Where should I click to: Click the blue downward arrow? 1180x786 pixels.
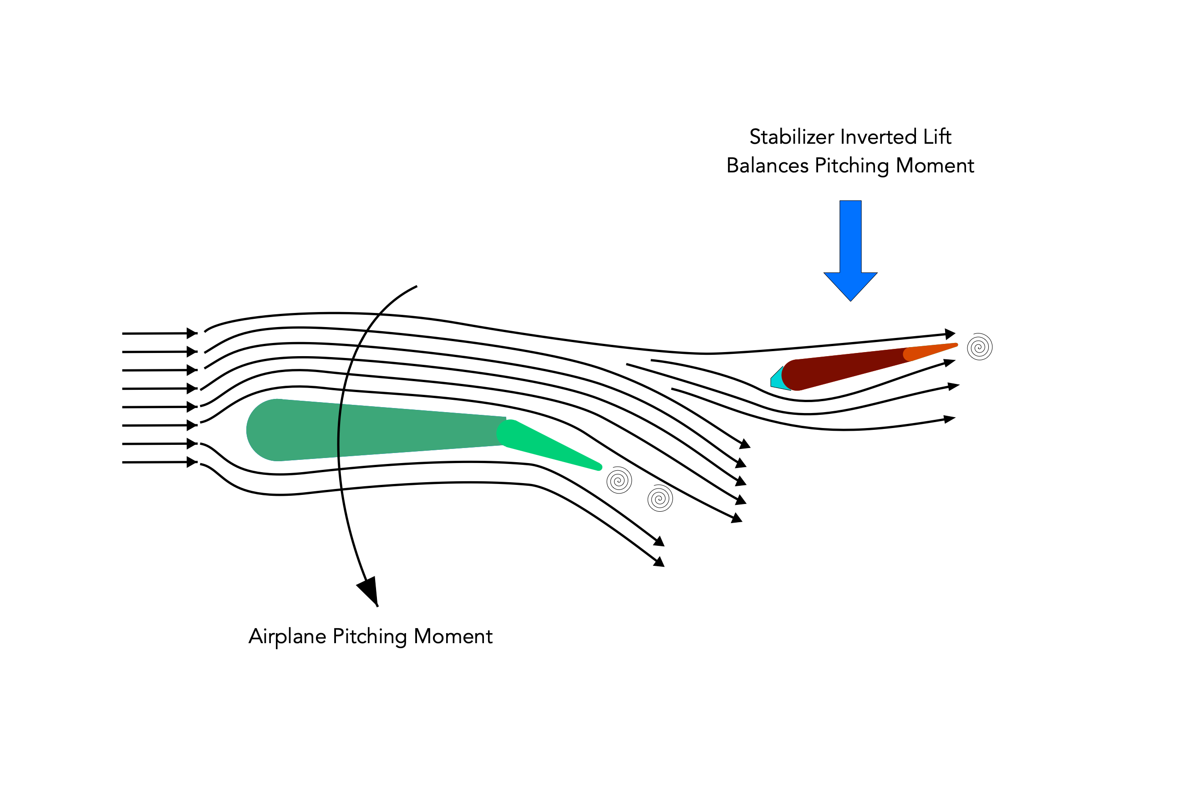[850, 250]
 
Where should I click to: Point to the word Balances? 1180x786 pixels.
[768, 166]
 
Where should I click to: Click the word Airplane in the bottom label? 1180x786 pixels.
[287, 637]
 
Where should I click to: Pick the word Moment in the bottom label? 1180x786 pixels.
[453, 637]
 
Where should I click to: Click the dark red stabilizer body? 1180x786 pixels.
[848, 369]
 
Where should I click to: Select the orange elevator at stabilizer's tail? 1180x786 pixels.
[929, 352]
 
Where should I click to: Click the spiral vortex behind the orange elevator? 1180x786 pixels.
[980, 347]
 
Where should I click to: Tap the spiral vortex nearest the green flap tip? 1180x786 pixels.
[619, 480]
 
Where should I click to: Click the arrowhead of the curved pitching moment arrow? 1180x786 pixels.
[369, 591]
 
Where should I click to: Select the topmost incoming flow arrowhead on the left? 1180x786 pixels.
[192, 333]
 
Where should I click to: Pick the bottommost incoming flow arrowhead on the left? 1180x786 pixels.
[192, 462]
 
